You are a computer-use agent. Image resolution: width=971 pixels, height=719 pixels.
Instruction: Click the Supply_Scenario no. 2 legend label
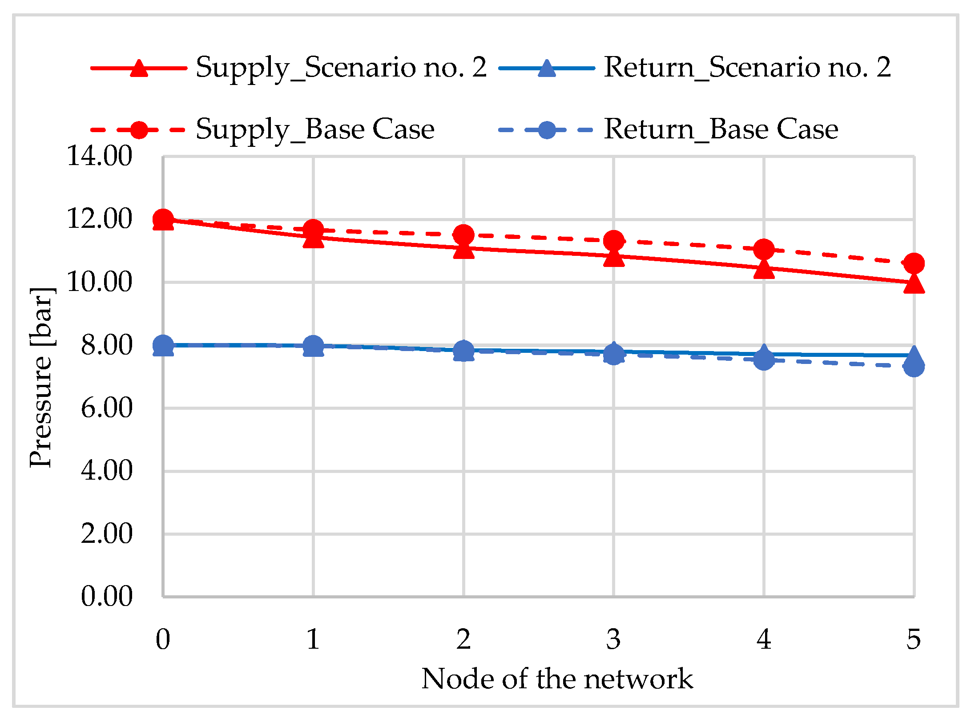tap(341, 68)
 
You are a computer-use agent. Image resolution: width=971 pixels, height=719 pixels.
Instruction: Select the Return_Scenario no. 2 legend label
tap(747, 68)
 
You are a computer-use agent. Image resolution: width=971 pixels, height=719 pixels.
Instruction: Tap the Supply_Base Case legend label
tap(315, 130)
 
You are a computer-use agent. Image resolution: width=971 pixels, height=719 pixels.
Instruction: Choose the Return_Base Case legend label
tap(721, 130)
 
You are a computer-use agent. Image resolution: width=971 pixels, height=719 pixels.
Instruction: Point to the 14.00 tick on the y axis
tap(100, 156)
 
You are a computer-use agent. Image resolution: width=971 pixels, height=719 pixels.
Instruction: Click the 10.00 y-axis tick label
tap(100, 282)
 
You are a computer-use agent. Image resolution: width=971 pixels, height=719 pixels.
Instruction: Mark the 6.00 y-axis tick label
tap(107, 408)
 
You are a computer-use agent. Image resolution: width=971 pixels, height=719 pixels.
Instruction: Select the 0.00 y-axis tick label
tap(107, 597)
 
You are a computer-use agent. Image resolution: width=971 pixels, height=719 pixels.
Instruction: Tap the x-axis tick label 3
tap(613, 639)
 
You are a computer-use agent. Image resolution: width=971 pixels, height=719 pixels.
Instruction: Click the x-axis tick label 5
tap(914, 639)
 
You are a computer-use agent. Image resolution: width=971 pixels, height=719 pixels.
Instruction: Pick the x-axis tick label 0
tap(163, 639)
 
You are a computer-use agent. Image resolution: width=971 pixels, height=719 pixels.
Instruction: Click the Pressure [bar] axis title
tap(41, 377)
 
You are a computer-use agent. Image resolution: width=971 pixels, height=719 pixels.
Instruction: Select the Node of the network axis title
tap(557, 679)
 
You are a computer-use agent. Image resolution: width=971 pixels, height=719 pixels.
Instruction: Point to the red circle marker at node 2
tap(463, 234)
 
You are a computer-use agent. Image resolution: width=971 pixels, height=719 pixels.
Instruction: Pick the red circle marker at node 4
tap(764, 249)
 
